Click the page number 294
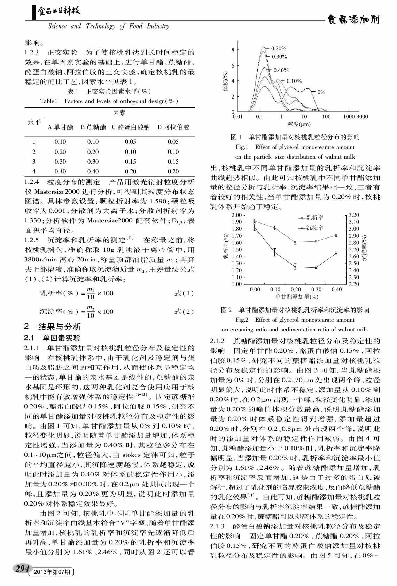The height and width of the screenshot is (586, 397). click(x=22, y=569)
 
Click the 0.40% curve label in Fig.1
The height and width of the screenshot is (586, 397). click(x=281, y=70)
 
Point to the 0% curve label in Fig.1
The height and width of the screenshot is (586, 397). click(x=321, y=92)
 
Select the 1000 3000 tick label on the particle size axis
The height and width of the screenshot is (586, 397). click(x=355, y=117)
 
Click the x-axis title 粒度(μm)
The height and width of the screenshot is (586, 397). click(x=299, y=124)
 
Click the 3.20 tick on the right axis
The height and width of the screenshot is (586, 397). click(x=354, y=215)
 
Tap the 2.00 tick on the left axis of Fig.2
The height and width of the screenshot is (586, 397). click(x=236, y=215)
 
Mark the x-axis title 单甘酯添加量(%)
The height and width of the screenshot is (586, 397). click(x=296, y=297)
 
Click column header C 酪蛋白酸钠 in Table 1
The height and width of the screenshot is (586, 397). click(x=131, y=127)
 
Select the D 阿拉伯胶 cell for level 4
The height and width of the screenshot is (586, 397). click(x=173, y=171)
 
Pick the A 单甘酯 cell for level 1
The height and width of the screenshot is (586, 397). click(x=60, y=142)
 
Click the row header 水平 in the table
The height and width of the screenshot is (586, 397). click(x=34, y=122)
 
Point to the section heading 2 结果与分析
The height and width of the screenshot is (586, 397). click(x=53, y=327)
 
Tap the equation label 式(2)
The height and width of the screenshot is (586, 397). click(x=184, y=312)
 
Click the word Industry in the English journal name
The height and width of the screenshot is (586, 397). click(x=158, y=26)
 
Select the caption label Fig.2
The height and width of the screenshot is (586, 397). click(x=242, y=320)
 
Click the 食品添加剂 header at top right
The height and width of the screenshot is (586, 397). click(x=353, y=20)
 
